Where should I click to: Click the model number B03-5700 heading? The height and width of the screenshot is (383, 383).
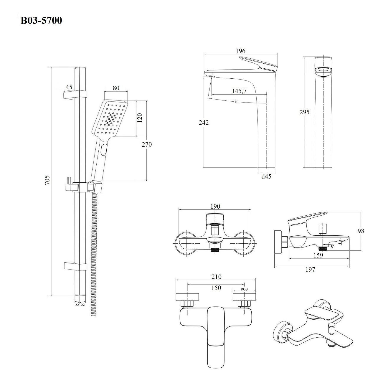point(41,21)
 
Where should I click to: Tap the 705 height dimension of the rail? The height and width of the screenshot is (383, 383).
point(47,180)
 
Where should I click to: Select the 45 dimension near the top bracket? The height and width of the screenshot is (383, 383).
point(69,87)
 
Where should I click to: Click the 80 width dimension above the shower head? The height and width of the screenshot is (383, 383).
point(116,88)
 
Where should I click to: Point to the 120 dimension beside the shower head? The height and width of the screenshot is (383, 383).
point(140,118)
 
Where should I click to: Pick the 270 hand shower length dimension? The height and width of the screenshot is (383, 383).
point(147,144)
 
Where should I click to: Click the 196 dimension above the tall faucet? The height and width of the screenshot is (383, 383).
point(240,51)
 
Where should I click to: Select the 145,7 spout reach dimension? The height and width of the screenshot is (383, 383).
point(239,91)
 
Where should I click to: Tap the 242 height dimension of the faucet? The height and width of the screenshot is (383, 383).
point(204,122)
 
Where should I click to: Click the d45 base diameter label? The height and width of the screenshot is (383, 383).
point(266,176)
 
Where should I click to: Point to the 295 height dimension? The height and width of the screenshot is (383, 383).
point(305,112)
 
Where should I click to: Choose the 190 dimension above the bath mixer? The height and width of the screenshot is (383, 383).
point(215,206)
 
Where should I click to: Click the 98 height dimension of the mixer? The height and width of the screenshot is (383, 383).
point(361,231)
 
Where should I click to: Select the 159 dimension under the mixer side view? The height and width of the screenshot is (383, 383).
point(318,255)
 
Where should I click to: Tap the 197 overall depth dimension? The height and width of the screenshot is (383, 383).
point(310,269)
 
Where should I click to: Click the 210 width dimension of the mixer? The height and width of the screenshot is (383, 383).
point(216,277)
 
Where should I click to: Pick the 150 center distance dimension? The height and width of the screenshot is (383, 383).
point(216,288)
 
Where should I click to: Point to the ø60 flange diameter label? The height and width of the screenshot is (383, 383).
point(244,289)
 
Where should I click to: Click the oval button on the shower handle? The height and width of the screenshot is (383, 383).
point(103,150)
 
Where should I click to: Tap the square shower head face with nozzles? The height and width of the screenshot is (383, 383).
point(110,119)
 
